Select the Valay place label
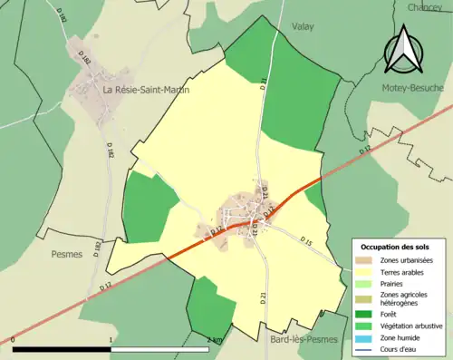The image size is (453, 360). click(303, 27)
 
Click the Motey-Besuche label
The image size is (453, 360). click(411, 88)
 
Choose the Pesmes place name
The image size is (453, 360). click(67, 255)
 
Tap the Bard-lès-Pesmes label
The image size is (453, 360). click(304, 339)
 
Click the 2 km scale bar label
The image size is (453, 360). click(215, 340)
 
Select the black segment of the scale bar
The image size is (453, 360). click(62, 349)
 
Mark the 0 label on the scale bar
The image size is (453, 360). click(14, 340)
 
